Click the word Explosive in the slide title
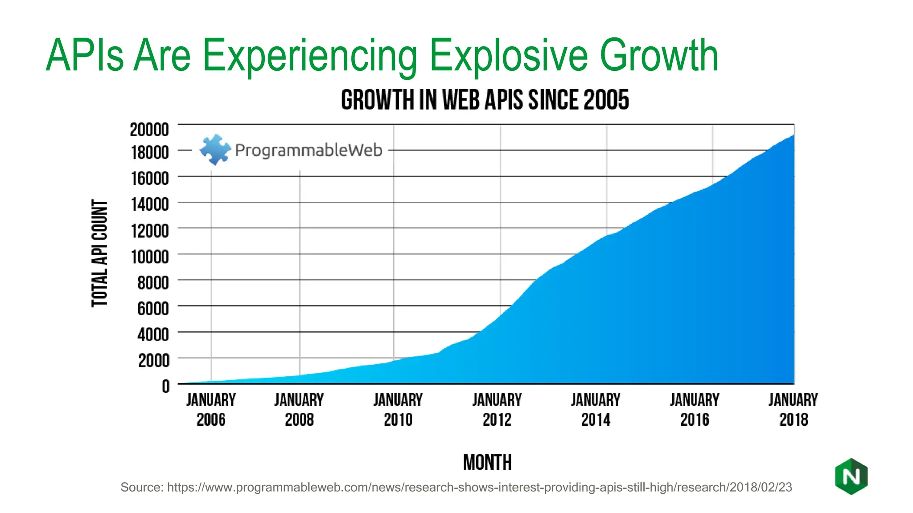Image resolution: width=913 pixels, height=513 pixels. pyautogui.click(x=509, y=56)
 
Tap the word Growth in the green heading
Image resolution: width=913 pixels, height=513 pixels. pyautogui.click(x=659, y=56)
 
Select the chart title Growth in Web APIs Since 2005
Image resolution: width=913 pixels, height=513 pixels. pyautogui.click(x=485, y=100)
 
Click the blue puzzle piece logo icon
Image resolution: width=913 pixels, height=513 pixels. pyautogui.click(x=215, y=150)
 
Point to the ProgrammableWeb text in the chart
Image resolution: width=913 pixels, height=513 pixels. pyautogui.click(x=308, y=150)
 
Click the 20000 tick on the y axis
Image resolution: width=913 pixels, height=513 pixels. pyautogui.click(x=149, y=130)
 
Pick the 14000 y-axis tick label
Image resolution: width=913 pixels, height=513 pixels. pyautogui.click(x=150, y=204)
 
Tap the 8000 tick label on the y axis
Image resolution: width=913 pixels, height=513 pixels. pyautogui.click(x=153, y=283)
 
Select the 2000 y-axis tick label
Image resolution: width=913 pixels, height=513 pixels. pyautogui.click(x=153, y=360)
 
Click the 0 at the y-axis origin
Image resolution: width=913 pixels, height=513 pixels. pyautogui.click(x=166, y=386)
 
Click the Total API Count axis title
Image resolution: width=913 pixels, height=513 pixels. pyautogui.click(x=100, y=253)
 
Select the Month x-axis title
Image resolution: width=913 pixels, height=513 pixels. pyautogui.click(x=487, y=462)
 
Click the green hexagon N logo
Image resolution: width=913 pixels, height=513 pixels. pyautogui.click(x=851, y=476)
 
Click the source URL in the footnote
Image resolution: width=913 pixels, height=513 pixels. pyautogui.click(x=479, y=487)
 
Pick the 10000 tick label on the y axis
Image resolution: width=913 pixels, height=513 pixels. pyautogui.click(x=150, y=257)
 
